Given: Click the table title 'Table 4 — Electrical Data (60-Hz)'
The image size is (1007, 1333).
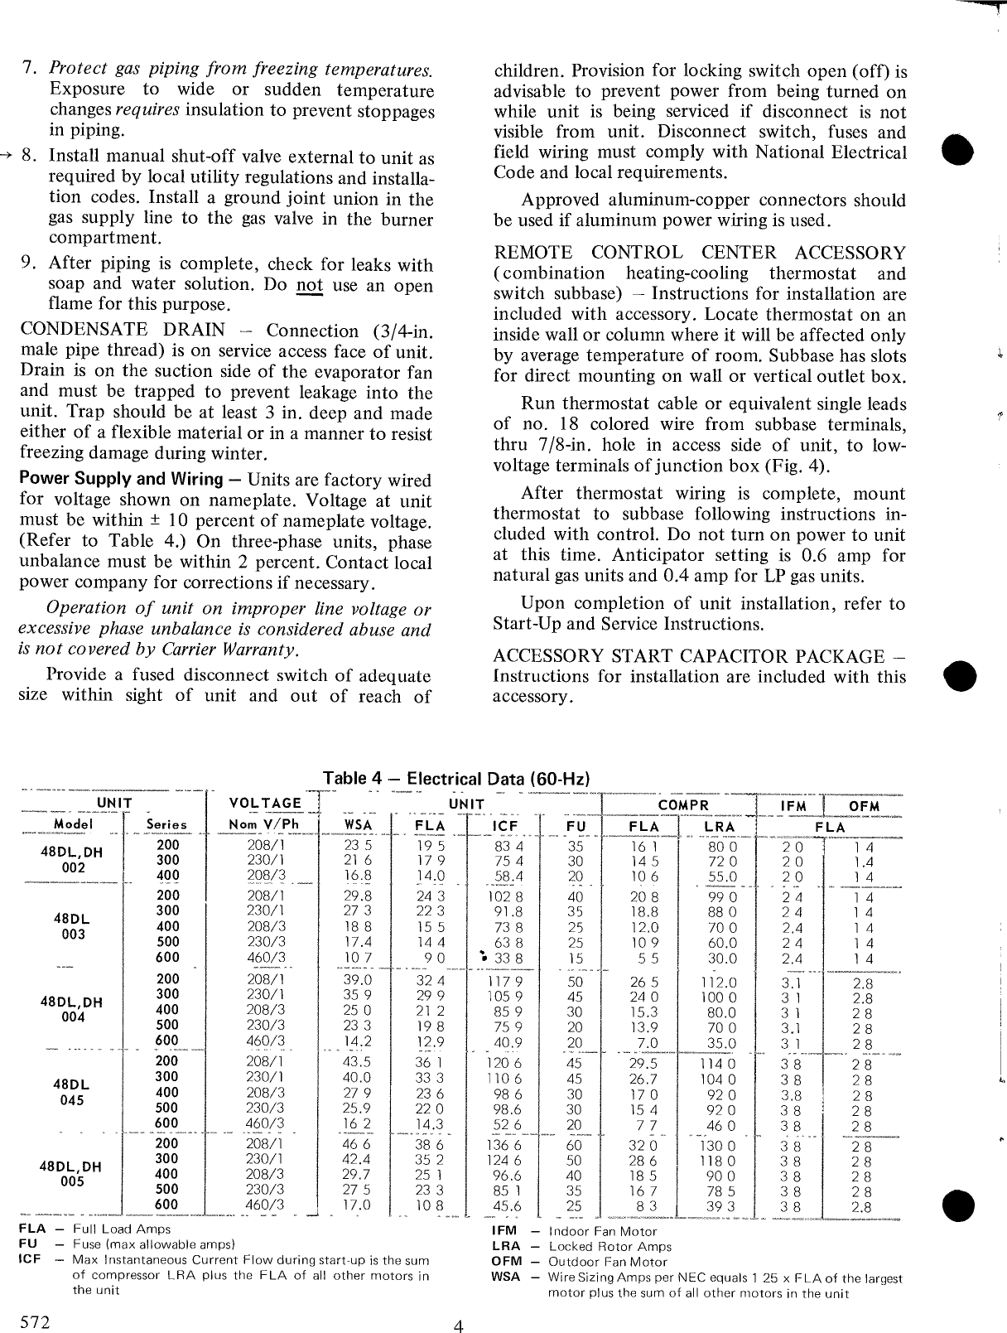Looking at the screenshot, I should pyautogui.click(x=456, y=779).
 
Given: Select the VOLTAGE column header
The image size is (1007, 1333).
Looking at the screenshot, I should pyautogui.click(x=264, y=803).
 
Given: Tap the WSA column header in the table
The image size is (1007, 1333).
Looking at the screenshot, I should pyautogui.click(x=357, y=826).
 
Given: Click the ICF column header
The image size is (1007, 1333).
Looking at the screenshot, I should pyautogui.click(x=504, y=826).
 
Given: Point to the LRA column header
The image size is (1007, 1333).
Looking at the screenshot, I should pyautogui.click(x=719, y=826).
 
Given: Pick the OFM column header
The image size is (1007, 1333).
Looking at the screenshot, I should pyautogui.click(x=864, y=806).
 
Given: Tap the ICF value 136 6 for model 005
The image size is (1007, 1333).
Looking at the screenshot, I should pyautogui.click(x=506, y=1146).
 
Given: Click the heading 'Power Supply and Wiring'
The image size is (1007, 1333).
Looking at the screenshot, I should pyautogui.click(x=122, y=479).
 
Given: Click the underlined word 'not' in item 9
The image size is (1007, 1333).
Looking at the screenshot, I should pyautogui.click(x=309, y=285).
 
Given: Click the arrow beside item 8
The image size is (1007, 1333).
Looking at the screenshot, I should pyautogui.click(x=7, y=155).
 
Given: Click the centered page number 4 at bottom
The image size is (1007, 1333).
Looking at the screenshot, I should pyautogui.click(x=458, y=1325).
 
